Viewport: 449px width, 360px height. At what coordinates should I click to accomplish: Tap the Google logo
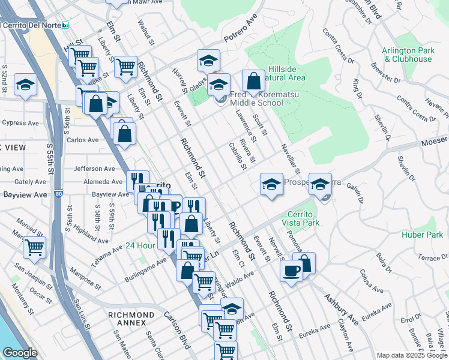coord(20,353)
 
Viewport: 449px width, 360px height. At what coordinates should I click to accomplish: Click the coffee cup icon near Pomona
coord(292,270)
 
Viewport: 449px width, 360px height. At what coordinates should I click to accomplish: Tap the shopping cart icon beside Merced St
coord(34,246)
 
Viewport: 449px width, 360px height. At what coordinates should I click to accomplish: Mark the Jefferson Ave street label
coord(94,169)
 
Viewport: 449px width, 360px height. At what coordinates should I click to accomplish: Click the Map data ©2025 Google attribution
coord(411,355)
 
